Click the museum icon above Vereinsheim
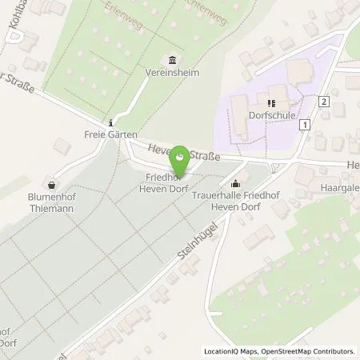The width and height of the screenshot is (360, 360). coord(173,59)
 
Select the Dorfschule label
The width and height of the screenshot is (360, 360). coord(278,115)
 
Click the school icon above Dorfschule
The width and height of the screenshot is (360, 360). coord(272,103)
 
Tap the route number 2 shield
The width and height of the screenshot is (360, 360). coord(323,102)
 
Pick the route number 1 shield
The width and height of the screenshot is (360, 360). coord(305,124)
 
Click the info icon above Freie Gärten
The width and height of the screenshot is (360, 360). coord(110,122)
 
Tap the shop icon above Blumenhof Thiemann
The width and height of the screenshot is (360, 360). coord(51,182)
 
